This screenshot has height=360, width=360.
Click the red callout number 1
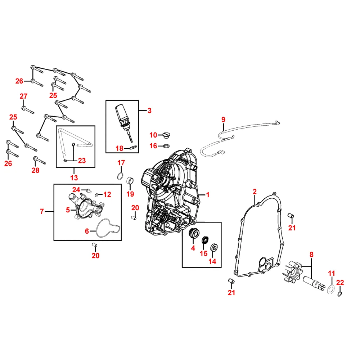pyautogui.click(x=208, y=195)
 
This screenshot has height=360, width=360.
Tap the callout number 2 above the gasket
pyautogui.click(x=255, y=191)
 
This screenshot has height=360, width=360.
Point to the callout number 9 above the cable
pyautogui.click(x=223, y=119)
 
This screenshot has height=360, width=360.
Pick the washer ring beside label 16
pyautogui.click(x=166, y=146)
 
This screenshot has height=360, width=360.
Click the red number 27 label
pyautogui.click(x=23, y=96)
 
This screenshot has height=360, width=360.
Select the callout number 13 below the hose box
pyautogui.click(x=74, y=177)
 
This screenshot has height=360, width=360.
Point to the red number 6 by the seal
pyautogui.click(x=87, y=231)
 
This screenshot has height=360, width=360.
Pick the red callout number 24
pyautogui.click(x=76, y=190)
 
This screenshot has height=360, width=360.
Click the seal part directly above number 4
pyautogui.click(x=194, y=233)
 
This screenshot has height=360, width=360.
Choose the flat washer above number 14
pyautogui.click(x=213, y=247)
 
